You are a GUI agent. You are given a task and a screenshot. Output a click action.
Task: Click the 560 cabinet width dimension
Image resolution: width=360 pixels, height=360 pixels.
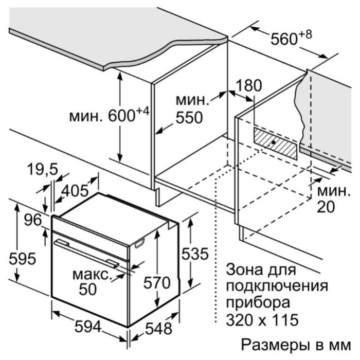tap(284, 39)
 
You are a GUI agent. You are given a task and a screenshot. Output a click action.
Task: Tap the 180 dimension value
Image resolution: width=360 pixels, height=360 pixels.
tap(248, 85)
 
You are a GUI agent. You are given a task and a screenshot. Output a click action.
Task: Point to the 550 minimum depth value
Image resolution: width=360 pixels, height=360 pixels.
tap(189, 118)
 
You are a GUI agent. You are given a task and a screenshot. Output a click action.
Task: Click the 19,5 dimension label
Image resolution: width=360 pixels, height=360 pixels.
tap(43, 169)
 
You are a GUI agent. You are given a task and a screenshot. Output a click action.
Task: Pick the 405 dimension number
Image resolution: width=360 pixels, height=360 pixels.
tap(75, 190)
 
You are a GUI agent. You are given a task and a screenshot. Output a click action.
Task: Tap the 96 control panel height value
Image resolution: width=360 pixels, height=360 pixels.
tap(33, 220)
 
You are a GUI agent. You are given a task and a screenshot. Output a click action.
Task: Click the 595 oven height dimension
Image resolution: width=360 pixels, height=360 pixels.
tap(23, 259)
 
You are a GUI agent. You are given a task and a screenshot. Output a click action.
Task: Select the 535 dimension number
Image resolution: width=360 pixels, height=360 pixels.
tap(195, 254)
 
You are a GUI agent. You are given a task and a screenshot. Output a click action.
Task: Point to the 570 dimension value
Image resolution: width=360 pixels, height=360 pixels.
tap(157, 283)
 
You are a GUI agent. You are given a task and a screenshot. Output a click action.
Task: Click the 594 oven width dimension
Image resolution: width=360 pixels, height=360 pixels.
tap(88, 327)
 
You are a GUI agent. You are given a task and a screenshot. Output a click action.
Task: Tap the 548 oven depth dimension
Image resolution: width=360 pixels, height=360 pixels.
tap(158, 328)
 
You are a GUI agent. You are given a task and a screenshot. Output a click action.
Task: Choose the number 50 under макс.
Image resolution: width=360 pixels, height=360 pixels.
tap(88, 289)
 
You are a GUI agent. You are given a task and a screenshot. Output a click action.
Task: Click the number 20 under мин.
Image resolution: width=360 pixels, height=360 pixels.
tap(326, 207)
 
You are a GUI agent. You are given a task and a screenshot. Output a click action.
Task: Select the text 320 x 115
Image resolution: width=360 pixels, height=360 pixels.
tap(262, 319)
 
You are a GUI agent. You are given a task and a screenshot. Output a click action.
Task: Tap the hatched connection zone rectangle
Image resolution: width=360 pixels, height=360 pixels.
tap(275, 143)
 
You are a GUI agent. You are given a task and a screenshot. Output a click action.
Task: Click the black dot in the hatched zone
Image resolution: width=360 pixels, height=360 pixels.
tap(273, 142)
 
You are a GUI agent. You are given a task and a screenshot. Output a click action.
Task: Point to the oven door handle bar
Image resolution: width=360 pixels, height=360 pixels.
tap(86, 254)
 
